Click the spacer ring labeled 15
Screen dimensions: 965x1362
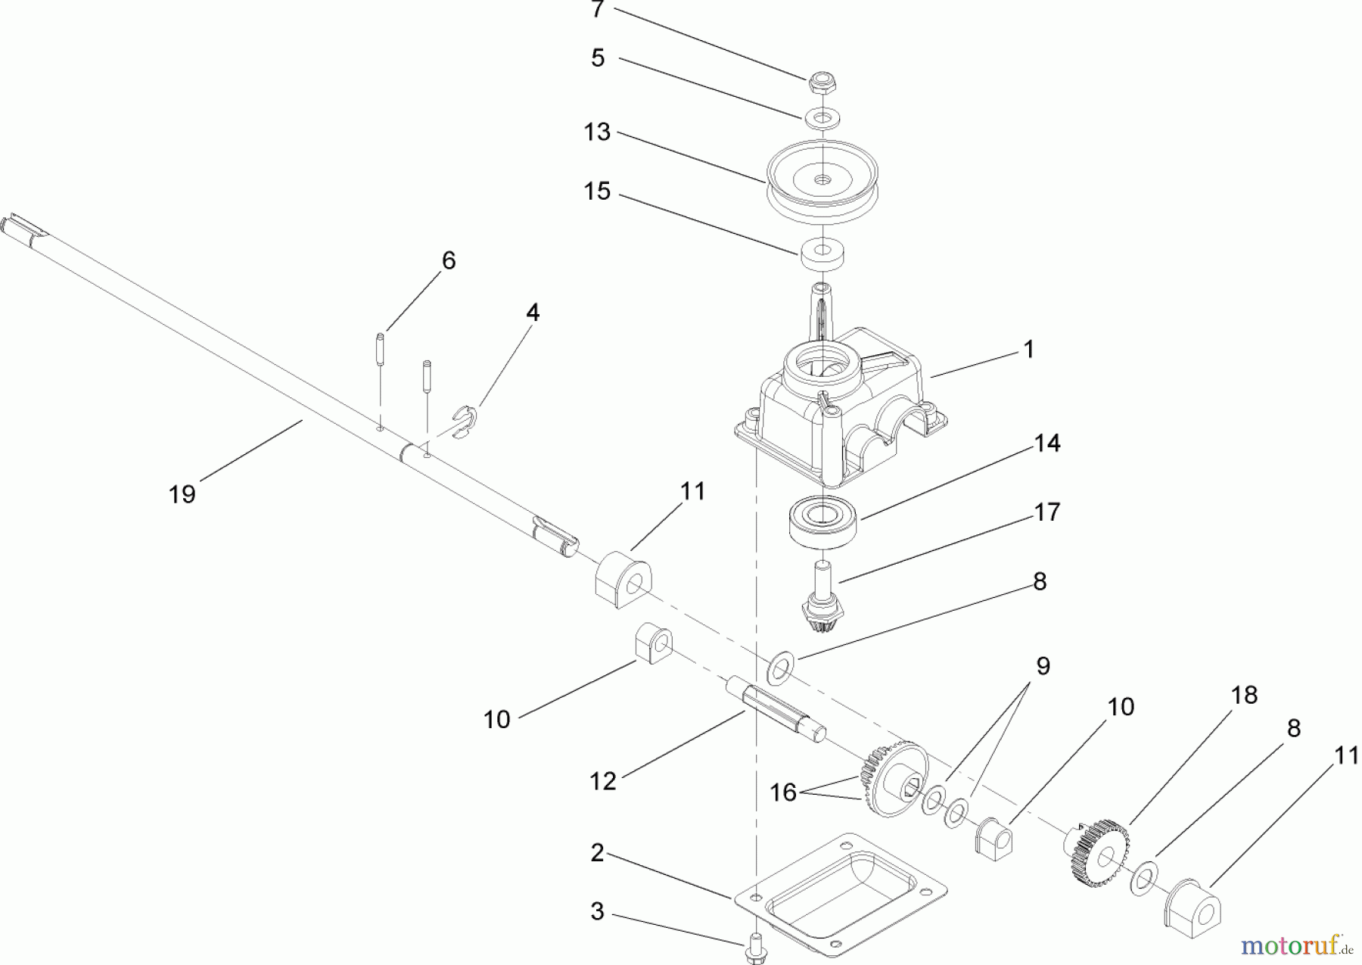point(822,254)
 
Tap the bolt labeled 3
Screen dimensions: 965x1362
point(755,948)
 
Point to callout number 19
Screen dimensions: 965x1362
point(182,494)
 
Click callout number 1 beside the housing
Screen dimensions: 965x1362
point(1028,349)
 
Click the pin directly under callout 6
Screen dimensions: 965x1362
point(381,350)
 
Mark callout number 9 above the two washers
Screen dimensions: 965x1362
point(1043,666)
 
